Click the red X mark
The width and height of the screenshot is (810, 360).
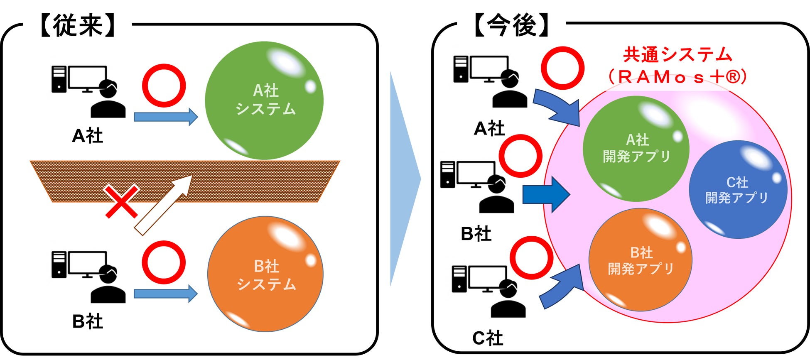[121, 202]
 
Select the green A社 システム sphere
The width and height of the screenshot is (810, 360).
[264, 100]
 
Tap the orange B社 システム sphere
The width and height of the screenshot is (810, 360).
[265, 274]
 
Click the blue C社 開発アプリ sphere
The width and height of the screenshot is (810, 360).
[738, 190]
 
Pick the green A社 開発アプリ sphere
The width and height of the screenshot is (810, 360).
[636, 149]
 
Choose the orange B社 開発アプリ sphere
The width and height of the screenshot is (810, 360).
[641, 260]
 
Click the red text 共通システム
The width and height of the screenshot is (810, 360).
[677, 54]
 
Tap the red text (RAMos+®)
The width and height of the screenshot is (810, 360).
[677, 77]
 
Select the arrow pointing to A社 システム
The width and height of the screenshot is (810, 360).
[165, 117]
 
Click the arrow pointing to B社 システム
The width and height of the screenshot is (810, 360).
[165, 294]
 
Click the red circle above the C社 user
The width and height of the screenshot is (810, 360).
[531, 258]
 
